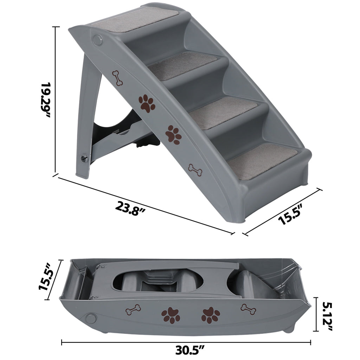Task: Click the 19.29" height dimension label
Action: click(45, 99)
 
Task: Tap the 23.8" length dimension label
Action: click(130, 208)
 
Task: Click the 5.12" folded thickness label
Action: click(327, 316)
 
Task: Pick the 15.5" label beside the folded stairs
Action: click(46, 276)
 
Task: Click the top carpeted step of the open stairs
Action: click(135, 20)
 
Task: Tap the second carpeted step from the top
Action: click(182, 66)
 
